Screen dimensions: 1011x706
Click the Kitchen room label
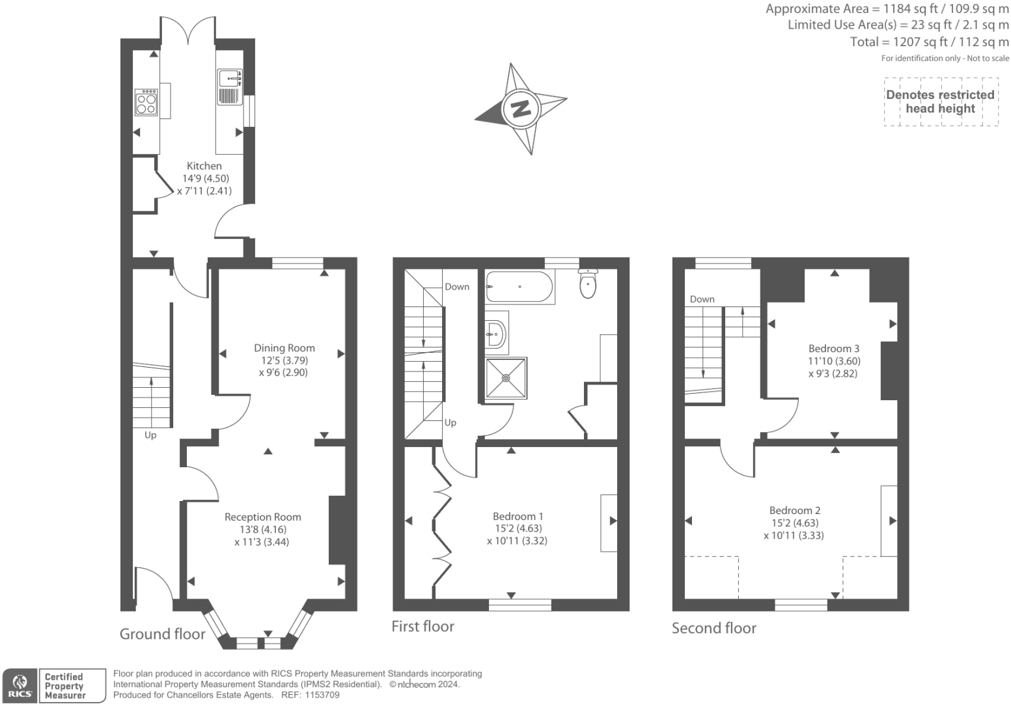coord(204,166)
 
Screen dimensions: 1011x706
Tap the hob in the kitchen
coord(146,102)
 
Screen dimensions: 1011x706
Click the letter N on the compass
coord(521,108)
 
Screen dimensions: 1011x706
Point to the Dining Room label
coord(284,348)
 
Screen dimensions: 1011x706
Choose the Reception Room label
coord(263,517)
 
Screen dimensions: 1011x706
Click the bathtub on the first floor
coord(519,286)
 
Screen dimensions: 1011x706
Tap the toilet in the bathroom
coord(588,283)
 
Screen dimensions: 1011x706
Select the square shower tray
coord(506,378)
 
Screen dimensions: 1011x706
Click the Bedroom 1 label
coord(518,516)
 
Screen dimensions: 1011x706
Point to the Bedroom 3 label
coord(834,348)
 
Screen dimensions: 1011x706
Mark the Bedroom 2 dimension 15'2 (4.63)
coord(794,523)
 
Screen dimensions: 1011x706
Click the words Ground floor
coord(163,634)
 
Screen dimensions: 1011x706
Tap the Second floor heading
coord(713,628)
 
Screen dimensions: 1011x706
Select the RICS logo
coord(20,686)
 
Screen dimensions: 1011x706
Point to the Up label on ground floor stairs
coord(150,435)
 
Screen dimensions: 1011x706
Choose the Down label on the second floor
coord(702,299)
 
